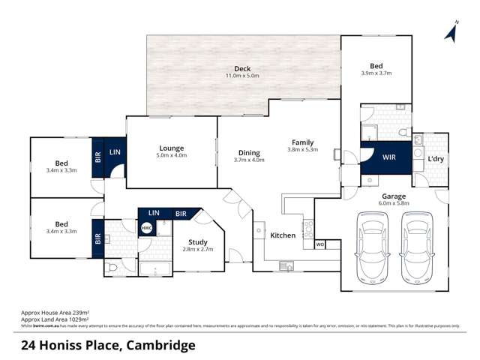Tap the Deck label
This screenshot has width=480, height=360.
tap(242, 69)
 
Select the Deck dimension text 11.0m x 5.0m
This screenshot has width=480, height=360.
tap(242, 76)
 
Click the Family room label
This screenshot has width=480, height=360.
tap(303, 142)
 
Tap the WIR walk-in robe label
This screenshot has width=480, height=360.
tap(388, 158)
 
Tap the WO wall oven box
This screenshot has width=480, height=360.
tap(320, 244)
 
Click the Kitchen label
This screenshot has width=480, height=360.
tap(283, 235)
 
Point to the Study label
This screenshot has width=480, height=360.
tap(198, 241)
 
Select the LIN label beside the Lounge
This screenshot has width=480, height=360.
tap(115, 152)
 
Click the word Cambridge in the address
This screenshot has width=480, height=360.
tap(159, 345)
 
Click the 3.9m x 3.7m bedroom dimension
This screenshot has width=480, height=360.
tap(376, 73)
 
